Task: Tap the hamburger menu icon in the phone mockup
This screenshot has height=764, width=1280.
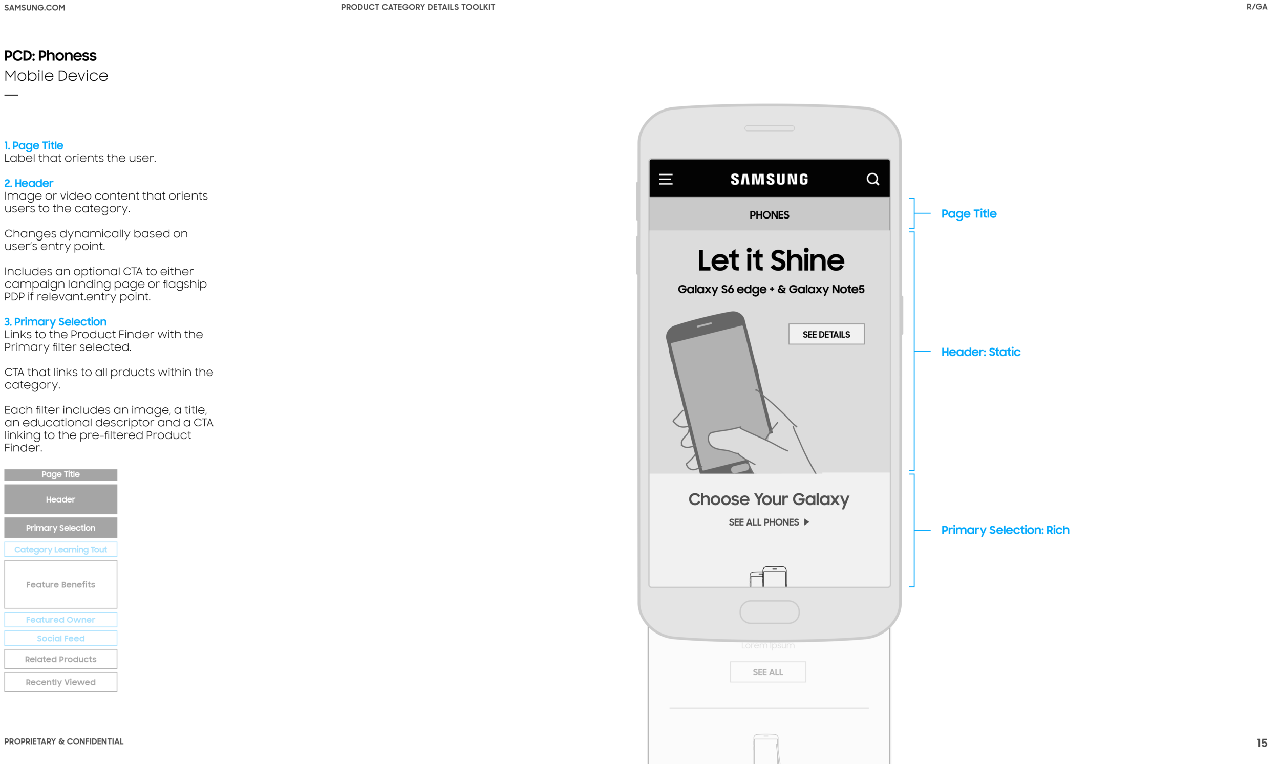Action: point(666,179)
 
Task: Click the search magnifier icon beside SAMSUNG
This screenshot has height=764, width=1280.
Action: point(872,179)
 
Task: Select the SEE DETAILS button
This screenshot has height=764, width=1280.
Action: point(826,334)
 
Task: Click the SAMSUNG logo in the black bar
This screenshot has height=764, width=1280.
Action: point(769,179)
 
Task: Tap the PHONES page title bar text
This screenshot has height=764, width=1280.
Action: point(769,215)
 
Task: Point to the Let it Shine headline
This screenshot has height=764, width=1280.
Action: point(771,260)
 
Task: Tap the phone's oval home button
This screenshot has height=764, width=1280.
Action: point(769,612)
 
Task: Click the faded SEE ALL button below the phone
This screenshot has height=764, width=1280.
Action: point(767,672)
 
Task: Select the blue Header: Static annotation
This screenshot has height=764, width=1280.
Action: point(980,352)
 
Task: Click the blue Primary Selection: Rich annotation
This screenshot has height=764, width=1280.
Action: point(1005,530)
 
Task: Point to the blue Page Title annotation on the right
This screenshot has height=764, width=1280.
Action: point(968,214)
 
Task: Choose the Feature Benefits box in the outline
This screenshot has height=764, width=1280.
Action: point(61,584)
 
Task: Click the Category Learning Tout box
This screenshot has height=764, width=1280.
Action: point(61,549)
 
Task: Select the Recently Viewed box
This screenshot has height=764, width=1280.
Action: point(61,682)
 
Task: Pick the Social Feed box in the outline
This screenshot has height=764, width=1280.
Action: point(61,639)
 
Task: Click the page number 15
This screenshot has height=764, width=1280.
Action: point(1262,743)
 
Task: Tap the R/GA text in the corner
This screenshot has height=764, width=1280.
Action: point(1256,7)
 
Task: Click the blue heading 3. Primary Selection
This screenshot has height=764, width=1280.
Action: point(55,322)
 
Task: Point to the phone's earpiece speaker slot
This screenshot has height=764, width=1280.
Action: point(769,128)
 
